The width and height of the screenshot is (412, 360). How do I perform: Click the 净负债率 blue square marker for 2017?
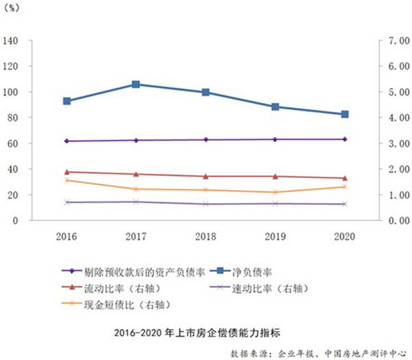pos(136,85)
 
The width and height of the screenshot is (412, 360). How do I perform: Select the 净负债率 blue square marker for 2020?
pos(345,114)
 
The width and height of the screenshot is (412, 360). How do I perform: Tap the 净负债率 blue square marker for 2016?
pos(67,101)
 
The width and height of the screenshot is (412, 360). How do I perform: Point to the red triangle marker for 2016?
pos(67,172)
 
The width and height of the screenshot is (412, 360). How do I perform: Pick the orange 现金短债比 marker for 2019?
pos(275,192)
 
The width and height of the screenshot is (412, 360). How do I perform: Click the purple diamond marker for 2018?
pos(205,139)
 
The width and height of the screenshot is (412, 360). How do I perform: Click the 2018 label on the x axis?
pos(205,236)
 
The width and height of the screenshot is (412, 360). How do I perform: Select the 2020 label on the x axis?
pos(345,236)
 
